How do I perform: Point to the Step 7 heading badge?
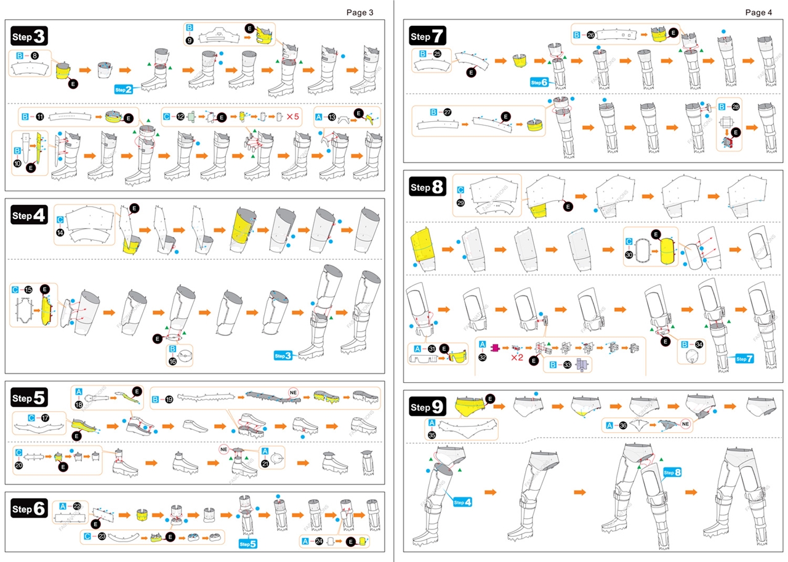tap(428, 36)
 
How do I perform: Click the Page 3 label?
tap(360, 12)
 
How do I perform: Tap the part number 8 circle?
tap(34, 55)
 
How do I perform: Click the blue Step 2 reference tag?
tap(123, 90)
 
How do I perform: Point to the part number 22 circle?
tap(77, 505)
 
